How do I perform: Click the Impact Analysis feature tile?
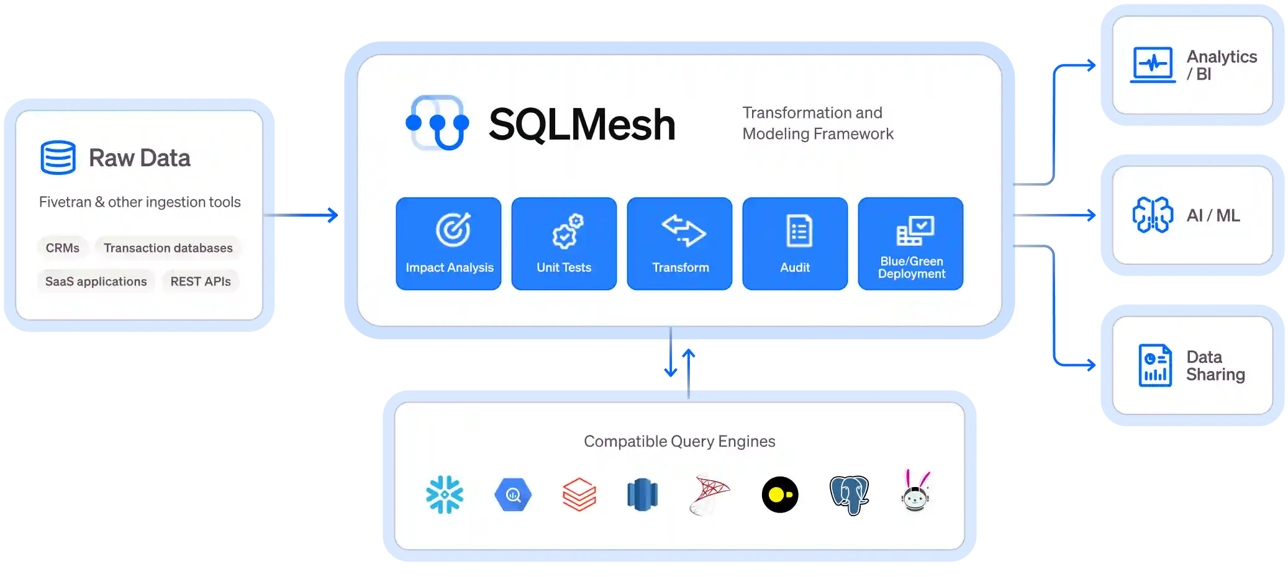pyautogui.click(x=448, y=243)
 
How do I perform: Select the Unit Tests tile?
pyautogui.click(x=564, y=243)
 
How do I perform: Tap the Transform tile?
pyautogui.click(x=679, y=243)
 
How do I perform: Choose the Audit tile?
pyautogui.click(x=795, y=243)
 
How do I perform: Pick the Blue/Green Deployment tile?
pyautogui.click(x=910, y=243)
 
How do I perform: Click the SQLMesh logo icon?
pyautogui.click(x=437, y=123)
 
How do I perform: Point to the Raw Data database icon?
pyautogui.click(x=58, y=157)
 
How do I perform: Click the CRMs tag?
pyautogui.click(x=63, y=248)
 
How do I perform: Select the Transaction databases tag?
pyautogui.click(x=168, y=248)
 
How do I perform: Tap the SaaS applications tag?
pyautogui.click(x=96, y=281)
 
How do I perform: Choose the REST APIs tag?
pyautogui.click(x=201, y=281)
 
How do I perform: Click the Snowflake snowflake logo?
pyautogui.click(x=445, y=494)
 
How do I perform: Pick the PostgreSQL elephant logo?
pyautogui.click(x=849, y=494)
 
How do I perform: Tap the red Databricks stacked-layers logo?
pyautogui.click(x=579, y=494)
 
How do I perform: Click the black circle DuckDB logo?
pyautogui.click(x=780, y=494)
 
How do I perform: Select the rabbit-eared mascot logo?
pyautogui.click(x=915, y=492)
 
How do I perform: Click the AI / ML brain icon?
pyautogui.click(x=1153, y=215)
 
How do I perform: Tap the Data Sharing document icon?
pyautogui.click(x=1155, y=365)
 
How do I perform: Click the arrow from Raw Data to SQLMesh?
pyautogui.click(x=304, y=215)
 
